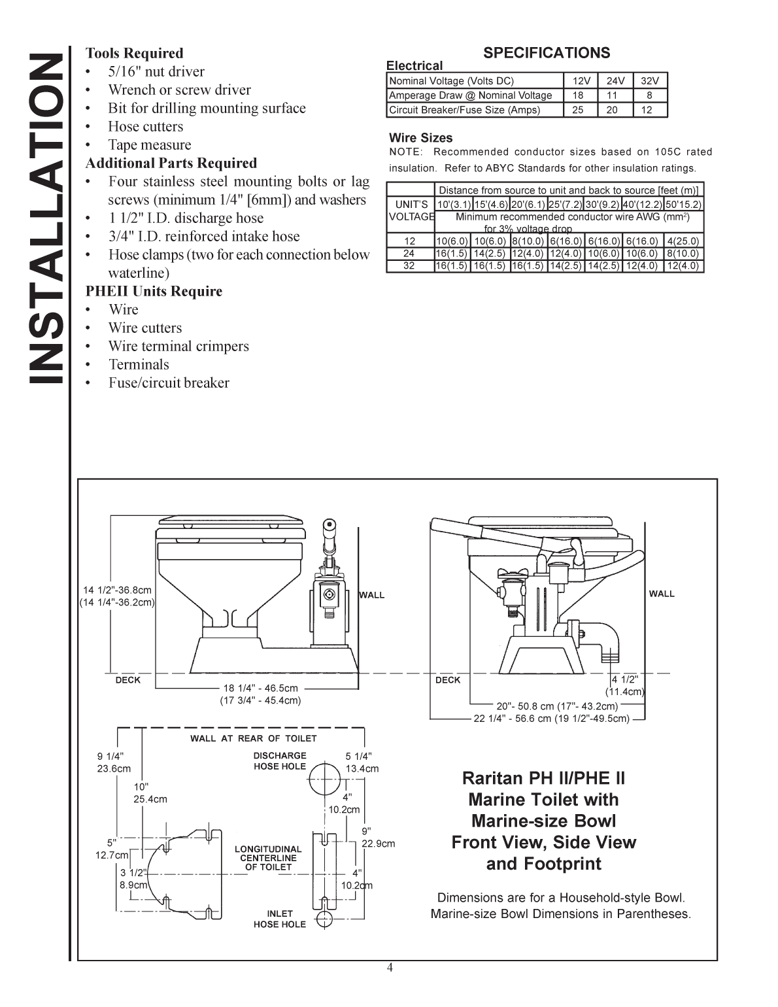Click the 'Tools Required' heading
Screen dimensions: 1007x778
pos(134,53)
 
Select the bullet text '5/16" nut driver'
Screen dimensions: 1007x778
pos(156,71)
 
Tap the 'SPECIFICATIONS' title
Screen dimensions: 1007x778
pos(546,53)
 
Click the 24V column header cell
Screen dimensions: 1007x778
pos(615,81)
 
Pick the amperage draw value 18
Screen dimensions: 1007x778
pos(578,95)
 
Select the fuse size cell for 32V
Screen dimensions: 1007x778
pos(649,110)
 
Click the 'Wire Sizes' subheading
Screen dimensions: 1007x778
pos(420,138)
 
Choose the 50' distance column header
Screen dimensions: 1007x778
pos(683,204)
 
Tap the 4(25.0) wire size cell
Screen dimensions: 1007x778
pos(683,241)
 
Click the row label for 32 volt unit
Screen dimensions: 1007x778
pos(409,265)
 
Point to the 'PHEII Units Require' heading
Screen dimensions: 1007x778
pos(154,291)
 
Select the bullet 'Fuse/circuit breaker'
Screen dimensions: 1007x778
pos(169,383)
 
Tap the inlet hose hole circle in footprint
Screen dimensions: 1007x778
pos(325,919)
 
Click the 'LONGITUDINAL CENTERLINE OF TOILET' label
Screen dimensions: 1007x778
pos(268,858)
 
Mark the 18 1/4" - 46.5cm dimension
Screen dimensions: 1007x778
pos(260,688)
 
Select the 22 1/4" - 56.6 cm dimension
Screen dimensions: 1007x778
pos(551,719)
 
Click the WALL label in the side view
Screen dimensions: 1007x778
pos(662,594)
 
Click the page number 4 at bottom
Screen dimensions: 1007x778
pos(390,968)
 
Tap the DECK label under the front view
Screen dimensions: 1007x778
pos(127,680)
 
